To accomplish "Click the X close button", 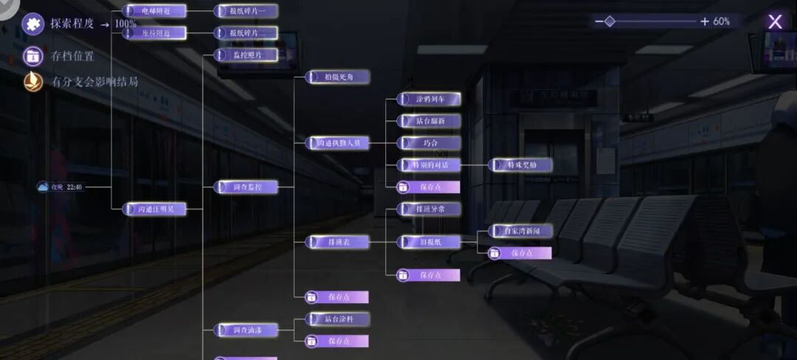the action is point(775,21).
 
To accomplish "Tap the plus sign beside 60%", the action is point(705,21).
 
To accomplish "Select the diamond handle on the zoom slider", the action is point(610,21).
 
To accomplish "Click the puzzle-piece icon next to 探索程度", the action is point(32,24).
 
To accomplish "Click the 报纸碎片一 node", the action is point(246,11).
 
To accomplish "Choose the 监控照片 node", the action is point(246,55).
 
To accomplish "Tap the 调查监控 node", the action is point(246,187).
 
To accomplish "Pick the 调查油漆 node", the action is point(246,330).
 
